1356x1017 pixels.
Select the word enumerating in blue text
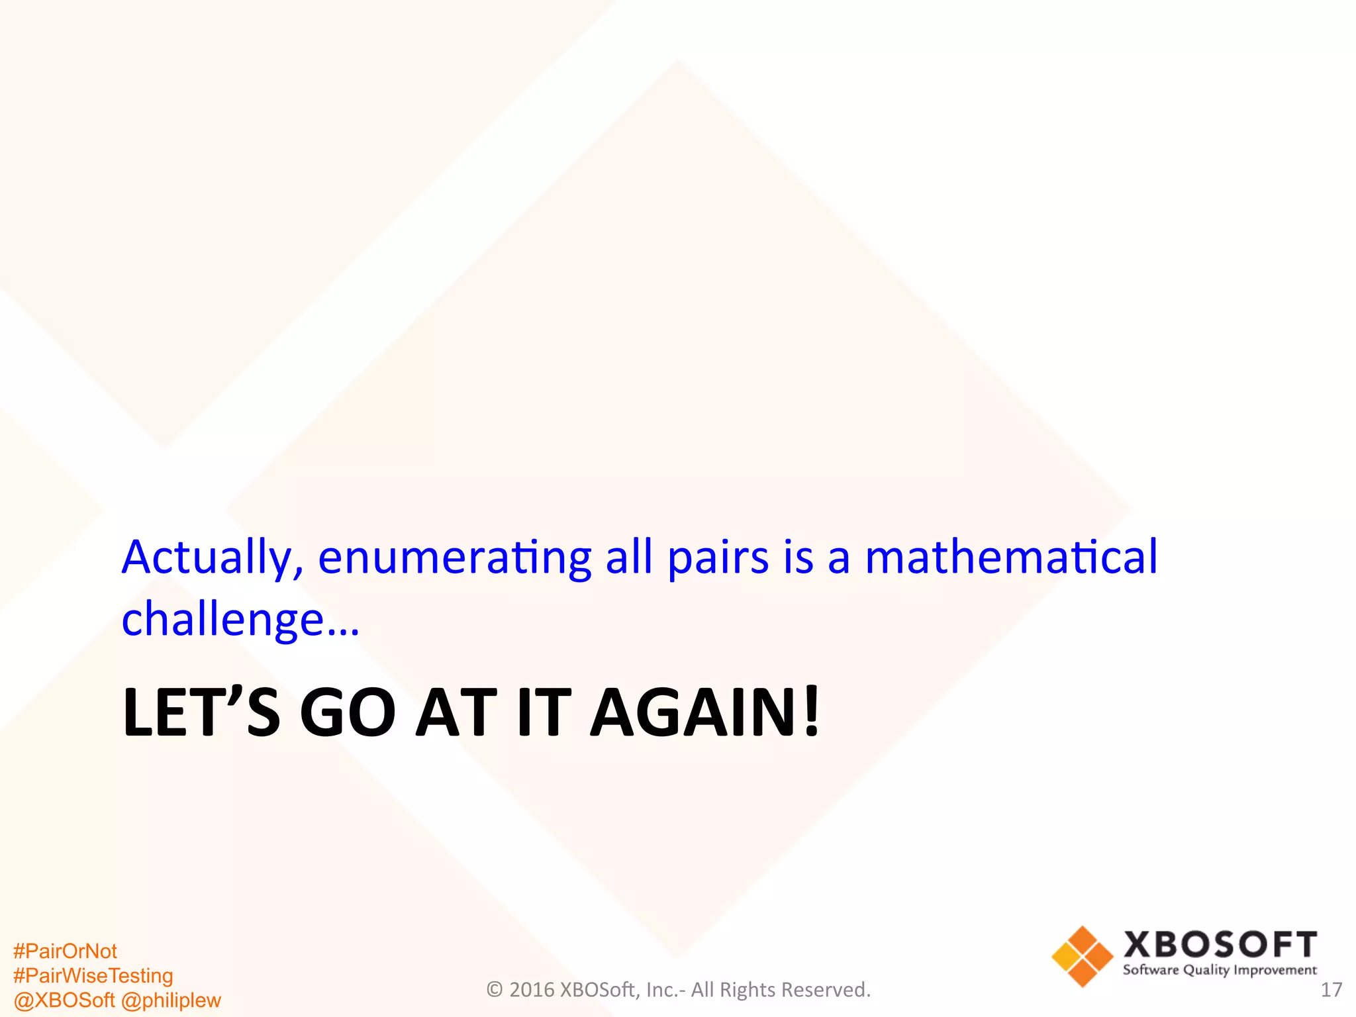click(454, 557)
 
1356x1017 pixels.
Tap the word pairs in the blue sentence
click(718, 557)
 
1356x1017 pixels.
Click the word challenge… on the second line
click(240, 620)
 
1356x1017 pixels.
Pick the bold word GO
click(348, 712)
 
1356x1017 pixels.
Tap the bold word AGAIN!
click(705, 712)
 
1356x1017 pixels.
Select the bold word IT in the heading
click(544, 712)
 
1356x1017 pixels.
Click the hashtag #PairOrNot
click(65, 951)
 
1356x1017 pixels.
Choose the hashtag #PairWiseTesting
click(93, 976)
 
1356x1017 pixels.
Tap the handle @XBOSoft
click(64, 1000)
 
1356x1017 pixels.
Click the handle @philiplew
click(171, 1000)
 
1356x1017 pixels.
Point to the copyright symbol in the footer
click(494, 990)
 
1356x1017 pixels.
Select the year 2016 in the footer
click(532, 990)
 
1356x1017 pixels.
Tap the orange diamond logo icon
click(1082, 957)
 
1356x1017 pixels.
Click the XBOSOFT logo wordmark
click(1220, 945)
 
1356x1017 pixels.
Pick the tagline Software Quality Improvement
click(1220, 971)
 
